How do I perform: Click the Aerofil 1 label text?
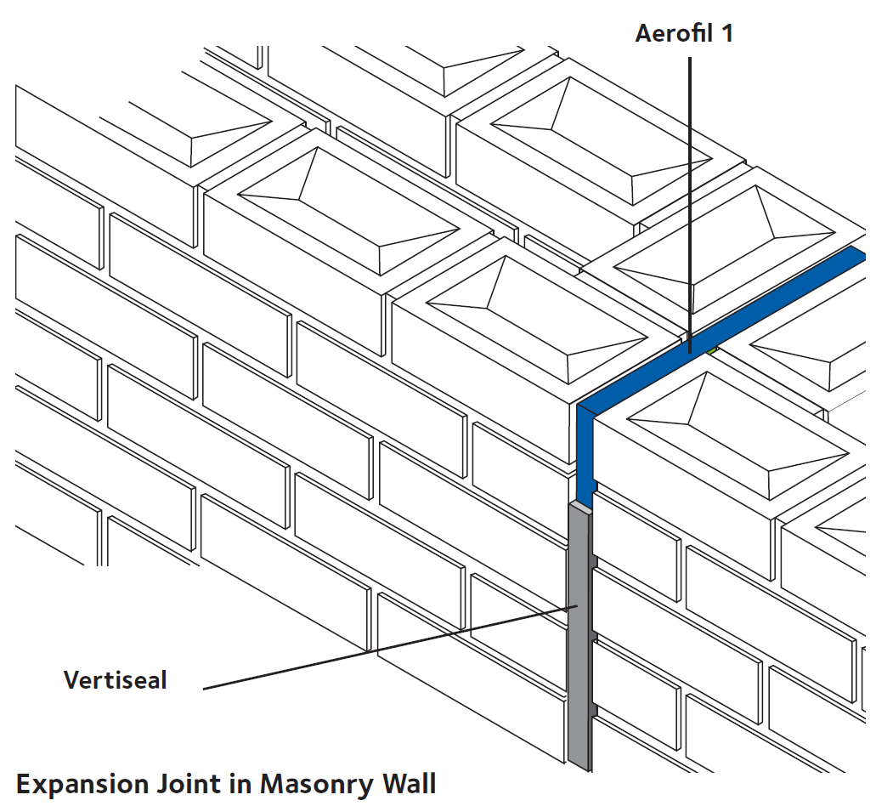(x=684, y=34)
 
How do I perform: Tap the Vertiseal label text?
(x=116, y=680)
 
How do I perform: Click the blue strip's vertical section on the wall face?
(x=585, y=459)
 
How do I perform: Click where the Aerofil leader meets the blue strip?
(x=689, y=348)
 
